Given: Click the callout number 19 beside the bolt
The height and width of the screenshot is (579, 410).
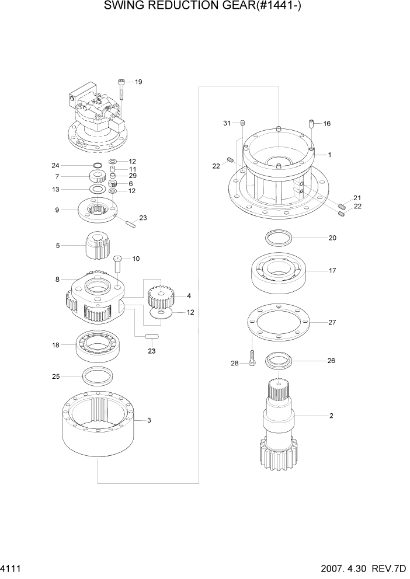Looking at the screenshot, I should point(138,82).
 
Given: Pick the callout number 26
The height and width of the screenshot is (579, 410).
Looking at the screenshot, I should point(331,361).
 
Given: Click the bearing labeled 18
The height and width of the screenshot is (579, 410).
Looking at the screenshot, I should point(98,345).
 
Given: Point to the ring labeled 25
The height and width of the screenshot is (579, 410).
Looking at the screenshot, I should point(98,376).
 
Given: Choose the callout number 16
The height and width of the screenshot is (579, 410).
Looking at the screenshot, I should point(327,124).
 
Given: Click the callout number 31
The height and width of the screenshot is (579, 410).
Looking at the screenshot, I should point(227,123).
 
